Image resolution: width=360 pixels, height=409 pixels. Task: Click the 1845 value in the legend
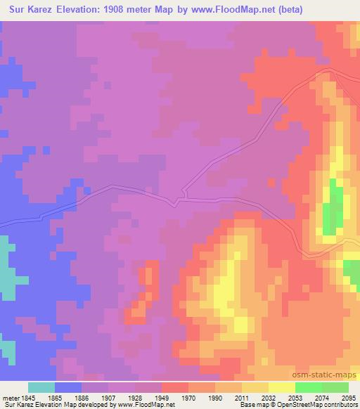[x=25, y=397]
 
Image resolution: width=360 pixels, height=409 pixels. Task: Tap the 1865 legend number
[x=54, y=397]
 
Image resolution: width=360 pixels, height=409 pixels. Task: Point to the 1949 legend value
[x=161, y=397]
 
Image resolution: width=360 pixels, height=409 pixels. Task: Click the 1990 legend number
[x=214, y=397]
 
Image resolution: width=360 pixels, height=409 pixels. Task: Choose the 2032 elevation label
[x=268, y=397]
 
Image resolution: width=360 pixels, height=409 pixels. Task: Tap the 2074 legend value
[x=321, y=397]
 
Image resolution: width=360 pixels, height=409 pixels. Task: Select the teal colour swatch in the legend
[x=41, y=387]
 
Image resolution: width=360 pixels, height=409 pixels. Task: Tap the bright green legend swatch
[x=308, y=387]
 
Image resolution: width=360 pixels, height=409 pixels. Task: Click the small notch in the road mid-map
[x=184, y=193]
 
